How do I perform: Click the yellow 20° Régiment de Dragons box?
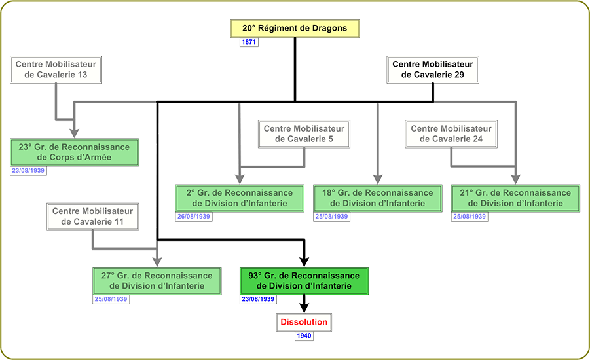tap(295, 29)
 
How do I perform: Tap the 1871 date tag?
tap(249, 43)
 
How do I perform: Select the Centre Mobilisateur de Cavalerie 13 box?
tap(56, 69)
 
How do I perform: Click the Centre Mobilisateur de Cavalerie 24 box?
tap(451, 134)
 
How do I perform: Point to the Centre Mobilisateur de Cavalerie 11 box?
tap(92, 217)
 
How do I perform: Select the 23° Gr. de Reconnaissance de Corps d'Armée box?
tap(75, 152)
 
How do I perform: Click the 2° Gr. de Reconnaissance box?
tap(239, 198)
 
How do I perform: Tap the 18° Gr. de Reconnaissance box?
tap(378, 198)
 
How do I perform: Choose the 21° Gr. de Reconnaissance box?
tap(516, 198)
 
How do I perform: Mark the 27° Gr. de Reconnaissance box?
tap(157, 281)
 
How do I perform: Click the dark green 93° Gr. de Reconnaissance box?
tap(304, 281)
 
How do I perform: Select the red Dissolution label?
tap(304, 323)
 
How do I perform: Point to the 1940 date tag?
tap(304, 336)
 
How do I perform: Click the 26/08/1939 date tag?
tap(194, 217)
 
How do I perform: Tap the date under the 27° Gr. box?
tap(111, 299)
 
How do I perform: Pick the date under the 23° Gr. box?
tap(28, 170)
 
